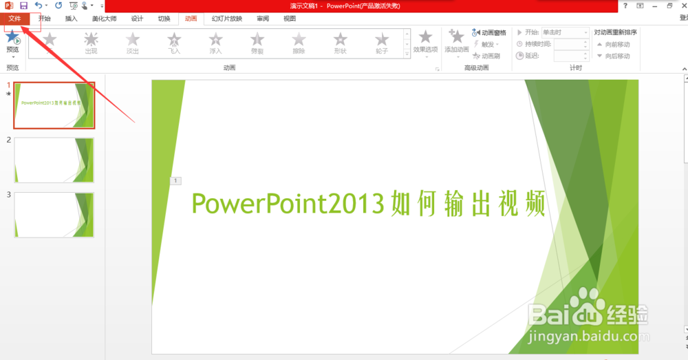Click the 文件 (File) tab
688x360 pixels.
coord(14,19)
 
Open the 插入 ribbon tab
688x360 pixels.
coord(71,19)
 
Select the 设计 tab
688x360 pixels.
coord(137,19)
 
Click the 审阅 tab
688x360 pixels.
coord(263,19)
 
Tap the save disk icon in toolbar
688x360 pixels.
coord(23,6)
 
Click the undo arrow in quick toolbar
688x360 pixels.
coord(39,6)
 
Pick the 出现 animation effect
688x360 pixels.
coord(91,43)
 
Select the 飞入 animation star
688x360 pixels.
coord(174,43)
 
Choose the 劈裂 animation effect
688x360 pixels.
coord(257,43)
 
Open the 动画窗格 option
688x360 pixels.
coord(489,32)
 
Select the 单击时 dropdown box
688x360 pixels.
coord(565,32)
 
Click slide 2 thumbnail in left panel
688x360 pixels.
coord(54,160)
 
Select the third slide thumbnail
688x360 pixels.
coord(54,215)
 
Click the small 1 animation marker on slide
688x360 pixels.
coord(175,180)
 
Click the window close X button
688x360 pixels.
coord(682,6)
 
